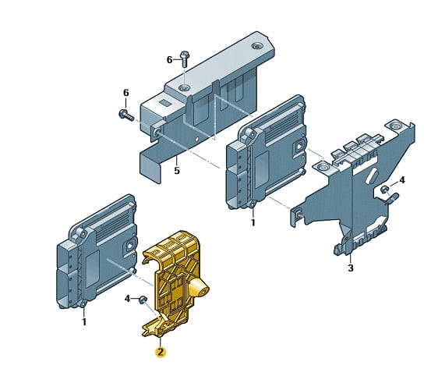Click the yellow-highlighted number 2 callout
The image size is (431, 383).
coord(160,352)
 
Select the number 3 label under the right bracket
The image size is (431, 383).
coord(351,268)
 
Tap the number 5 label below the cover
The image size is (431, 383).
coord(177,171)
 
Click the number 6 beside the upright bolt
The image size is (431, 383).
coord(170,60)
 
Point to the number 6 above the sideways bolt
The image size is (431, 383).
coord(126,93)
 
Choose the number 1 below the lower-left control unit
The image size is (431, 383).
coord(84,321)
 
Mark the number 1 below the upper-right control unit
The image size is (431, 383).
coord(253,222)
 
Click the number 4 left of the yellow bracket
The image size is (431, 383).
coord(127,299)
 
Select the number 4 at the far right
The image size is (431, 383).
coord(402,180)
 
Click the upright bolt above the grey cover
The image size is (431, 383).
coord(185,59)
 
